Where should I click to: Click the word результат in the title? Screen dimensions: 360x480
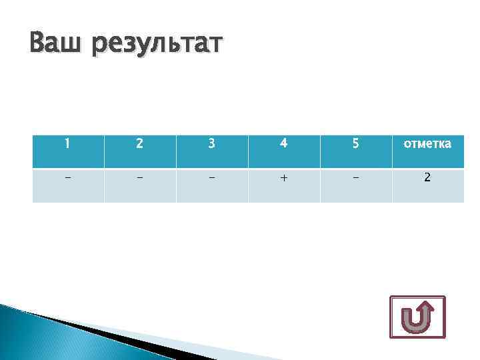[x=159, y=47]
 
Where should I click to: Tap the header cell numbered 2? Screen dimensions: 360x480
[x=140, y=143]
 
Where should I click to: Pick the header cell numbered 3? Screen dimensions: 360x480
[x=212, y=143]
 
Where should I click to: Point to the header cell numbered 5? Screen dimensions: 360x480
[x=356, y=143]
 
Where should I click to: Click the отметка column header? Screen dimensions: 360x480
[x=427, y=143]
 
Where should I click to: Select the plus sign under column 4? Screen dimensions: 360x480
[x=284, y=179]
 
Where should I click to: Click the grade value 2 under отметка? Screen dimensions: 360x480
[x=427, y=178]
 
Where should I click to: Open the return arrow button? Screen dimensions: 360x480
[x=417, y=317]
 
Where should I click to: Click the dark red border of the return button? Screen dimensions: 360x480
[x=391, y=317]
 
